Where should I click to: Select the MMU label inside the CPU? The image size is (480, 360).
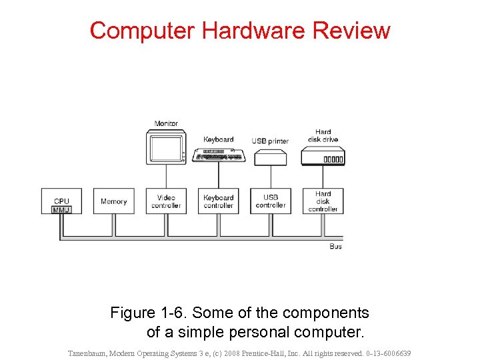coord(61,210)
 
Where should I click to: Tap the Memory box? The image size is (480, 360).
coord(113,201)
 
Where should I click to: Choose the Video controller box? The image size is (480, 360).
coord(166,201)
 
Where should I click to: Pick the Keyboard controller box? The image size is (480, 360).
coord(219,201)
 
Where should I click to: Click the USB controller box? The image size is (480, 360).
coord(271,201)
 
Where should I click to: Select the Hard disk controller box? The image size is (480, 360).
coord(323,201)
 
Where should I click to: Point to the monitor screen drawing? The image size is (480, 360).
coord(164,147)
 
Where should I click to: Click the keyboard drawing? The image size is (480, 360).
coord(219,155)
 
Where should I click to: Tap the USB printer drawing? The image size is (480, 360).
coord(271,157)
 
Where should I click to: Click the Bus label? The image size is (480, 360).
coord(336,247)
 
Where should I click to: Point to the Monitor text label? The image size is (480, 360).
coord(166,123)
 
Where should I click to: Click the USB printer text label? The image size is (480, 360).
coord(270,141)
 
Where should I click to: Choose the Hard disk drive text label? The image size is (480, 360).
coord(323,136)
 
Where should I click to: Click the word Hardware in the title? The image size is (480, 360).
coord(241,31)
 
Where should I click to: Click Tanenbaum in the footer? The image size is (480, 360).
coord(93,353)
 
